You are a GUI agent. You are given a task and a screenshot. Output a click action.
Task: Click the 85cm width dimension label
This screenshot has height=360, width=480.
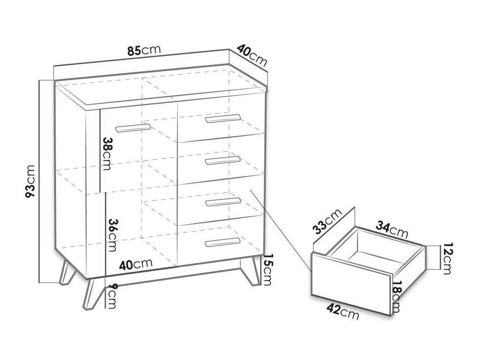(144, 50)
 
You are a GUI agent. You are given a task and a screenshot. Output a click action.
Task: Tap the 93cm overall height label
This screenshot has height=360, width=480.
(30, 181)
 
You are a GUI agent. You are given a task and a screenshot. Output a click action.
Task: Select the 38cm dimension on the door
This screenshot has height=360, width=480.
(107, 154)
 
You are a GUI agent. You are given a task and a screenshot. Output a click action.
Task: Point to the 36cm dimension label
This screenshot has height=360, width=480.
(112, 235)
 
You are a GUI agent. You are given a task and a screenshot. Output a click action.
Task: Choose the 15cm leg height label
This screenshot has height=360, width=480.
(268, 269)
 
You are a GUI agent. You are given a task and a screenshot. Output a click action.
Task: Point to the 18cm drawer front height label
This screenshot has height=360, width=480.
(396, 297)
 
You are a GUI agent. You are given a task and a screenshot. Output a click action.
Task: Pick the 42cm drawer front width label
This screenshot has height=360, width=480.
(342, 312)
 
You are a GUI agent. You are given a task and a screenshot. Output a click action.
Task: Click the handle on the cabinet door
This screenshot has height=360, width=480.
(133, 128)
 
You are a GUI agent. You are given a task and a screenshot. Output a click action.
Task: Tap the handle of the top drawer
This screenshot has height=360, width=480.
(223, 119)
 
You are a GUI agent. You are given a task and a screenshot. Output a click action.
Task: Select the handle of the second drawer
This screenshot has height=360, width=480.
(223, 160)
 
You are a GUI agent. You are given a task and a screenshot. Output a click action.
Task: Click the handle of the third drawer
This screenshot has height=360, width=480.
(223, 202)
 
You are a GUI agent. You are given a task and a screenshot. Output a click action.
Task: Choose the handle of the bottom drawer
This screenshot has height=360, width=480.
(223, 242)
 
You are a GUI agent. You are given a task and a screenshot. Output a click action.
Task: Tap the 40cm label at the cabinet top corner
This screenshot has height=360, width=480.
(252, 56)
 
